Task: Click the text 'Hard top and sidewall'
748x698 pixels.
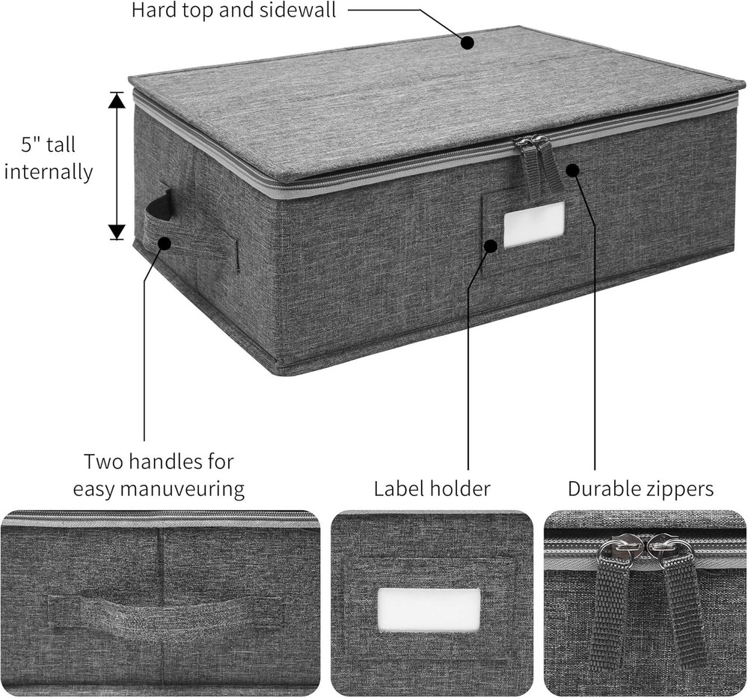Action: click(x=233, y=10)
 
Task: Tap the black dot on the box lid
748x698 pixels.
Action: click(x=467, y=42)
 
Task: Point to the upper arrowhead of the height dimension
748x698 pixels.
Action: click(x=117, y=100)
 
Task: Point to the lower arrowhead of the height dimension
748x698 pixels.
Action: click(x=117, y=231)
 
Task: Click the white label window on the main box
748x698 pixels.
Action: click(x=533, y=224)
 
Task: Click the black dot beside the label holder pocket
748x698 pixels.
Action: click(x=491, y=245)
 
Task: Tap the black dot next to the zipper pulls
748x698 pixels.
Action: click(x=572, y=170)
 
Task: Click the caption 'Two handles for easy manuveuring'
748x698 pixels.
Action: click(x=159, y=475)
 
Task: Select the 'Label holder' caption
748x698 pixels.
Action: click(x=432, y=489)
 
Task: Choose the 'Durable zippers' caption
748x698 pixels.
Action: click(x=640, y=489)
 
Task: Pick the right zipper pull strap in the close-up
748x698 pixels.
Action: click(x=682, y=606)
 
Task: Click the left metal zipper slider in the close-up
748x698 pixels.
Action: click(x=619, y=550)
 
